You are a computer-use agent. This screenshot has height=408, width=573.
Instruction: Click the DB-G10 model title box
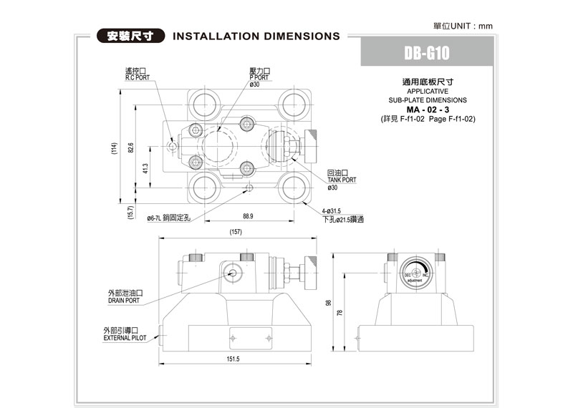tap(426, 54)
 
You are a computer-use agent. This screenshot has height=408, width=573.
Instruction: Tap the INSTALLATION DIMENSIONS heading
tap(256, 35)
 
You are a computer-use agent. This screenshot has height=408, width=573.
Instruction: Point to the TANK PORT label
tap(341, 180)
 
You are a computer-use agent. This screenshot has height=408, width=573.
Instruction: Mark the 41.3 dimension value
tap(145, 168)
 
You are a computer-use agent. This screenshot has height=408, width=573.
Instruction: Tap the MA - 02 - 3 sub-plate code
tap(428, 110)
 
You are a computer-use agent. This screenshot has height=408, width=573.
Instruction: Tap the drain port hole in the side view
tap(233, 273)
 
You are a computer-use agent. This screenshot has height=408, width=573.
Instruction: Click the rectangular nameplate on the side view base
tap(249, 336)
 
